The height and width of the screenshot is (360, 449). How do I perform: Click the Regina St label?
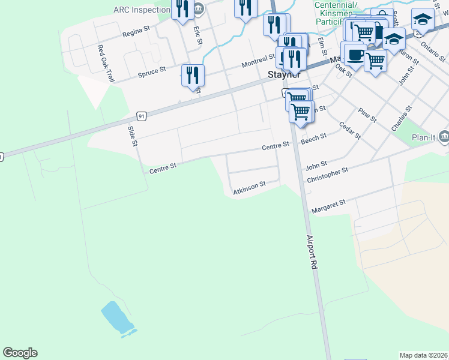(x=135, y=34)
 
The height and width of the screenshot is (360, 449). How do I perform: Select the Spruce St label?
(x=151, y=72)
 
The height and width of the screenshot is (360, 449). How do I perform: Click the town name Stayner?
(x=283, y=75)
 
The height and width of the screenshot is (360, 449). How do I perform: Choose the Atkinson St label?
(x=249, y=188)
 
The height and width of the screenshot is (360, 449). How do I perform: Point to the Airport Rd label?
(x=312, y=251)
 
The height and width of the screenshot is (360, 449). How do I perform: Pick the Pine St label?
(x=366, y=115)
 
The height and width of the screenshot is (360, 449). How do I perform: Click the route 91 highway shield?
(x=141, y=115)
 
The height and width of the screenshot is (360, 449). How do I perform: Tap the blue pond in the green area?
(x=118, y=319)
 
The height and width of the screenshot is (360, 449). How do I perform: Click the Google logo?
(x=20, y=353)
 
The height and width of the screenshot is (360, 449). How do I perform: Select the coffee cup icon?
(x=354, y=55)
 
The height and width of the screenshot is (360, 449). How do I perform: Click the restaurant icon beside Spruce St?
(x=193, y=75)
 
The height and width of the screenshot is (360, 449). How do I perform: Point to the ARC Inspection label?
(x=142, y=10)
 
